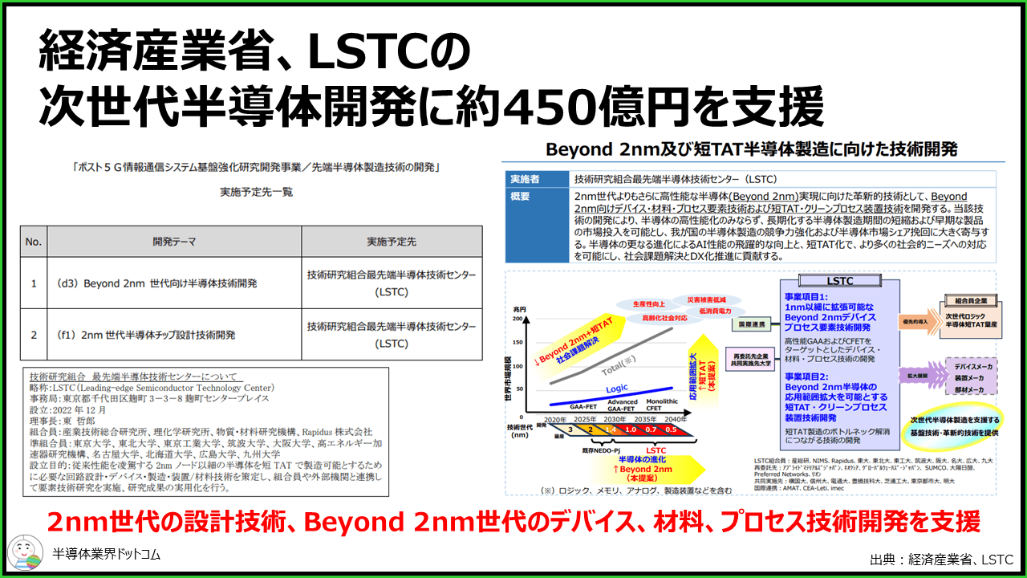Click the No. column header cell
pyautogui.click(x=34, y=241)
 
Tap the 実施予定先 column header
pyautogui.click(x=392, y=241)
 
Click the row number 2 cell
pyautogui.click(x=34, y=334)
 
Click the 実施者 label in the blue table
pyautogui.click(x=535, y=179)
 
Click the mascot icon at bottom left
pyautogui.click(x=24, y=553)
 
